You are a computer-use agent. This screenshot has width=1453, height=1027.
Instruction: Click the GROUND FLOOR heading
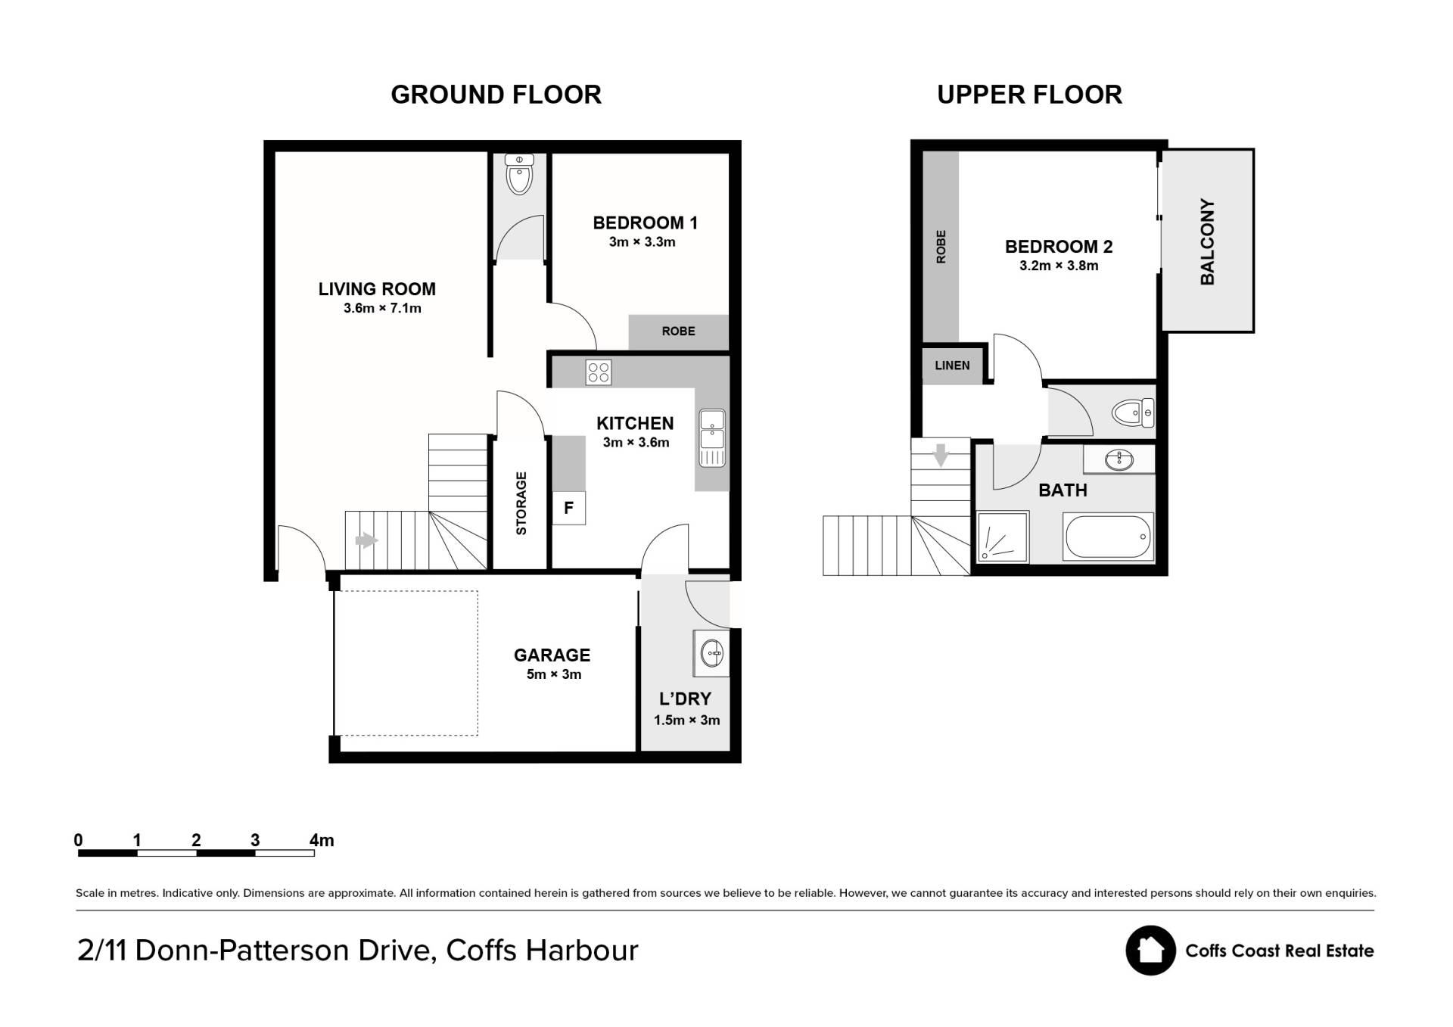click(496, 95)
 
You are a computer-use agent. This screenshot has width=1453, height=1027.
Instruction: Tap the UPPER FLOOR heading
click(1029, 95)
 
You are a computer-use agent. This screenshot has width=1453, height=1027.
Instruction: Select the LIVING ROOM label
click(377, 289)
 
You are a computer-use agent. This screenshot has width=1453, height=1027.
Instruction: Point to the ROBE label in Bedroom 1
click(678, 331)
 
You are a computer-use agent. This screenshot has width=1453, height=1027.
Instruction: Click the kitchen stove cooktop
click(599, 372)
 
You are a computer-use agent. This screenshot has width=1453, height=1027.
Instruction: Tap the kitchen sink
click(712, 437)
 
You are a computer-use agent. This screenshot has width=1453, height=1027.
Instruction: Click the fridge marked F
click(568, 508)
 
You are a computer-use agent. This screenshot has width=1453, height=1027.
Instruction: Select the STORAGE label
click(521, 503)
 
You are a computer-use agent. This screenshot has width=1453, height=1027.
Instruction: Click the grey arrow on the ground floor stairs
click(366, 540)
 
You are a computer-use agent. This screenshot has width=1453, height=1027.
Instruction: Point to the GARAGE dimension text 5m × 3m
click(554, 674)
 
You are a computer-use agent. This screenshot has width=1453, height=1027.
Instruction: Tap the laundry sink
click(711, 653)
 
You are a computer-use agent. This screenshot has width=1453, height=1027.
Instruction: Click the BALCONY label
click(1207, 242)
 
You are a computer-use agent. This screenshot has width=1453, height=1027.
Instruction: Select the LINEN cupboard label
click(952, 366)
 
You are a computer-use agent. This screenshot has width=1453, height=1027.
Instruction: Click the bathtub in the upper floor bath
click(1109, 537)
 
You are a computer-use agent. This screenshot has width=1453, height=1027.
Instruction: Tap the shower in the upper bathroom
click(1003, 537)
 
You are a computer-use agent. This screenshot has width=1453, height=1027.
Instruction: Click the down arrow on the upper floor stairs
click(941, 455)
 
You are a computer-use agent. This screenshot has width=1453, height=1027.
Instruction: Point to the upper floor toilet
click(1133, 412)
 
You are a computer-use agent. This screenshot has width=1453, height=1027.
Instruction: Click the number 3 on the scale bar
click(255, 840)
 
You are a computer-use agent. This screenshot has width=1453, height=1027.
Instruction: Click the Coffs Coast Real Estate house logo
click(1150, 951)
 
